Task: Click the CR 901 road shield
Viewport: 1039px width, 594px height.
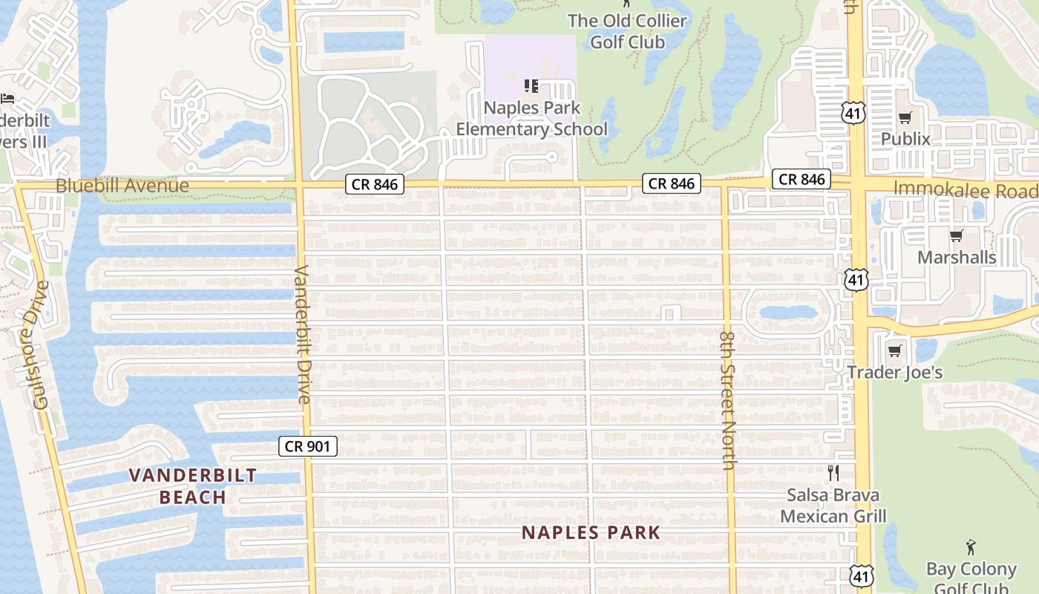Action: (x=308, y=446)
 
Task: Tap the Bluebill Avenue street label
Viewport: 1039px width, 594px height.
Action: (x=122, y=185)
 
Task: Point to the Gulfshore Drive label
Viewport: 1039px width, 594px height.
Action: (x=40, y=345)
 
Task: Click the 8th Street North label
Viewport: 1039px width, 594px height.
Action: (x=727, y=399)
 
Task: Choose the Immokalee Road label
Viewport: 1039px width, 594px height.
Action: (x=965, y=189)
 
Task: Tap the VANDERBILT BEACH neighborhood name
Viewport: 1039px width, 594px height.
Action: (x=193, y=486)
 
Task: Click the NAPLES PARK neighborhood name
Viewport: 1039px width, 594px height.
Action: (x=591, y=532)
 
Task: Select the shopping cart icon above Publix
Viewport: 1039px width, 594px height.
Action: (x=905, y=118)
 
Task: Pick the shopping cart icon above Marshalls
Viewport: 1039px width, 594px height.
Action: (x=956, y=236)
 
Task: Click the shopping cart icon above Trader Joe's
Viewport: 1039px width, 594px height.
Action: (x=895, y=350)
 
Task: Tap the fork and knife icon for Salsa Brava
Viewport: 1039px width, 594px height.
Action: (x=833, y=472)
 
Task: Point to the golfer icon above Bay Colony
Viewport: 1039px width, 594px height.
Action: (x=971, y=548)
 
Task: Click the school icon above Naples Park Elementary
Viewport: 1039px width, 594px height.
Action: (x=531, y=87)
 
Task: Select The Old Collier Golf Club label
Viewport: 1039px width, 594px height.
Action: (x=627, y=31)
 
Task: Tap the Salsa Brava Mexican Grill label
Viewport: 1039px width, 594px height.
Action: (x=833, y=506)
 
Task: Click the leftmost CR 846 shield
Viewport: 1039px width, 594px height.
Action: (x=375, y=184)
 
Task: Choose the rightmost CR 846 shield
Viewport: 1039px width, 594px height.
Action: (x=802, y=179)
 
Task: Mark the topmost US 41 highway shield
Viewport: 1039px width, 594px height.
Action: (x=852, y=113)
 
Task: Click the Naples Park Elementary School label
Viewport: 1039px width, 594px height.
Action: (x=531, y=119)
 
